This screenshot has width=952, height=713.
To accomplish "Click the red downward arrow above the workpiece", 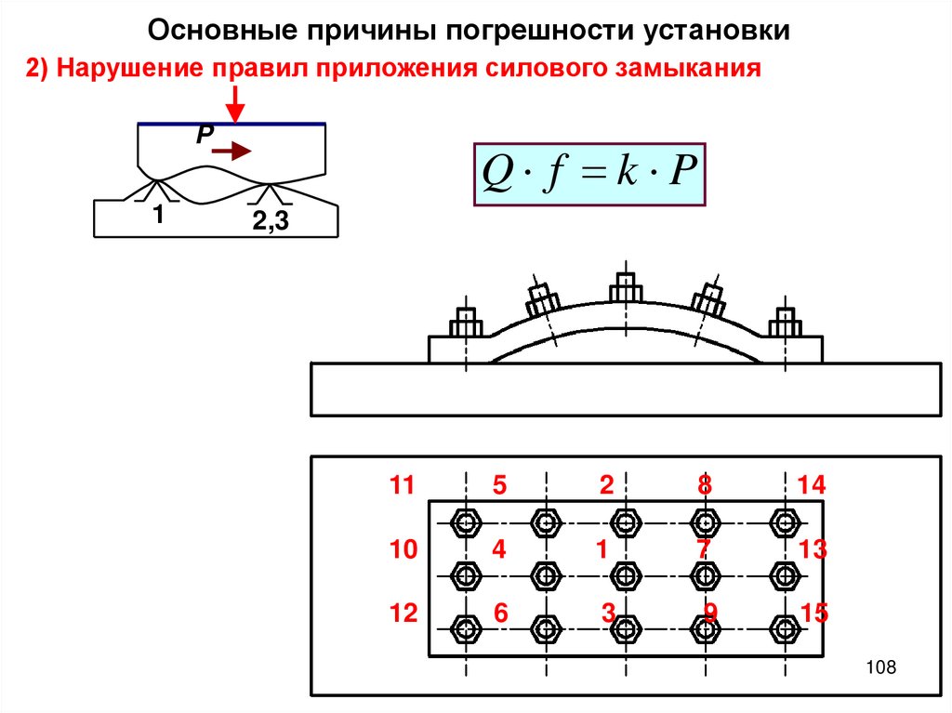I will tap(237, 102).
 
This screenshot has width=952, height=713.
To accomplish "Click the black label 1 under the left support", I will tap(158, 215).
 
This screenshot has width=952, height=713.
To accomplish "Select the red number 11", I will tap(402, 485).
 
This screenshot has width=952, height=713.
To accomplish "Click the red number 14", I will tap(811, 485).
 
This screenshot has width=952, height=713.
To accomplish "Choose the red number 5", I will tap(499, 485).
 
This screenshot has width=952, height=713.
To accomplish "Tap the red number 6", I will tap(500, 614).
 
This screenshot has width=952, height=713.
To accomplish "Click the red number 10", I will tap(403, 549).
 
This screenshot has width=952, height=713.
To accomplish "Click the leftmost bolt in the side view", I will tap(465, 323).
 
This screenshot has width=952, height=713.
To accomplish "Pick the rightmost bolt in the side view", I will tap(785, 323).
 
